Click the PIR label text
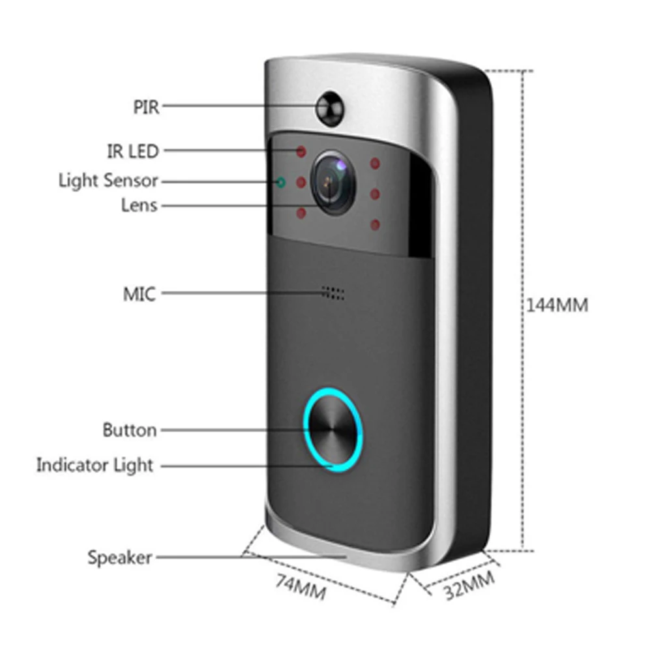coord(146,106)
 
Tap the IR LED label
coord(132,151)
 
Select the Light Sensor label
coord(108,180)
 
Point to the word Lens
coord(140,205)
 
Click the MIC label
coord(140,294)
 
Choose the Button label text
coord(130,430)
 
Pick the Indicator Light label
coord(95,466)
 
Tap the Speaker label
coord(120,557)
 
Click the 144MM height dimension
coord(557,304)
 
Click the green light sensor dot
coord(282,182)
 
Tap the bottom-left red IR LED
coord(301,213)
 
